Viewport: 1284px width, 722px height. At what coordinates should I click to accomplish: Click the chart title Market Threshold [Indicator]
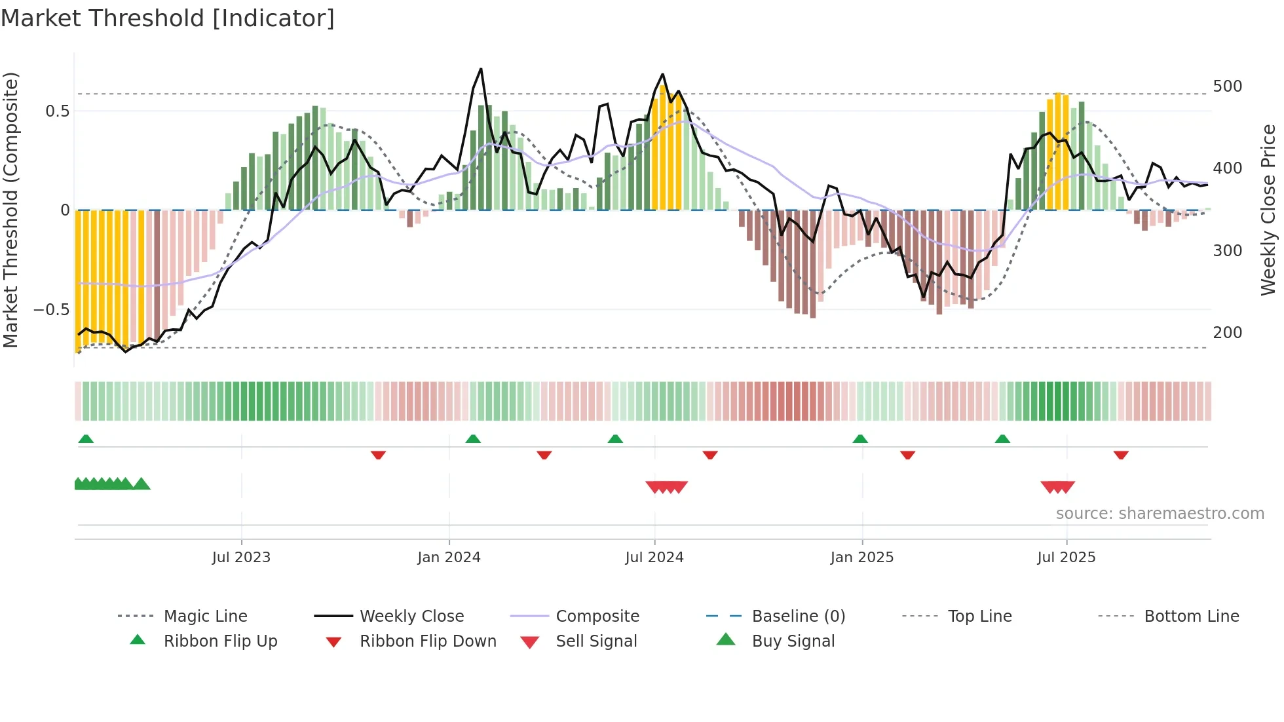168,18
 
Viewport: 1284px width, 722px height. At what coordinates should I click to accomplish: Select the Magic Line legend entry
205,617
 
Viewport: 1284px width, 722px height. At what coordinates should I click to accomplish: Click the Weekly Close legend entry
411,617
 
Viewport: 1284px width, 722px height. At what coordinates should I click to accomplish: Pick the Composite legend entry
597,617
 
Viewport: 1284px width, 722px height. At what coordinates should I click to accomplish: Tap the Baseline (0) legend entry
798,617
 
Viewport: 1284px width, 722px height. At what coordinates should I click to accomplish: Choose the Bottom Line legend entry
1191,617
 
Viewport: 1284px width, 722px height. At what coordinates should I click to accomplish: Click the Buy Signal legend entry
793,641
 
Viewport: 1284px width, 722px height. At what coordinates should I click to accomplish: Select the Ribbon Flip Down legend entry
427,641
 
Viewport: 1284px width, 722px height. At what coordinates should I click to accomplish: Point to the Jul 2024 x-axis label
654,558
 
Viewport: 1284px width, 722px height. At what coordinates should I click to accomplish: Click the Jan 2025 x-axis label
861,558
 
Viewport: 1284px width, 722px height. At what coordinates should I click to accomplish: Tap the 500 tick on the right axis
1227,86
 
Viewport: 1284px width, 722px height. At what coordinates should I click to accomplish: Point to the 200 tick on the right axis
1227,333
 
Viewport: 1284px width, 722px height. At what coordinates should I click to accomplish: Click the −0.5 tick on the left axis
51,309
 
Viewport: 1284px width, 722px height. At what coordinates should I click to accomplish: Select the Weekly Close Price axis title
1268,210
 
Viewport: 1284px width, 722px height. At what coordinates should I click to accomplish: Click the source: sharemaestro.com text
1160,514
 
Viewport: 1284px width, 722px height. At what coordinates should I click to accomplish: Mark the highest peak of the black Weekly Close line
481,69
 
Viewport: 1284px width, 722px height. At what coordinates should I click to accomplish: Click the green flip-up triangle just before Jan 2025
860,439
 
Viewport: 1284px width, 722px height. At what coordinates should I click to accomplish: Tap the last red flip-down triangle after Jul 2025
1121,455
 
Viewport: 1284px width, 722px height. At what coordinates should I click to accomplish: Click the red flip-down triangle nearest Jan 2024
378,455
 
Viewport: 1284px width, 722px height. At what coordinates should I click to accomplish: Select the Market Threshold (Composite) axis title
10,210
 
